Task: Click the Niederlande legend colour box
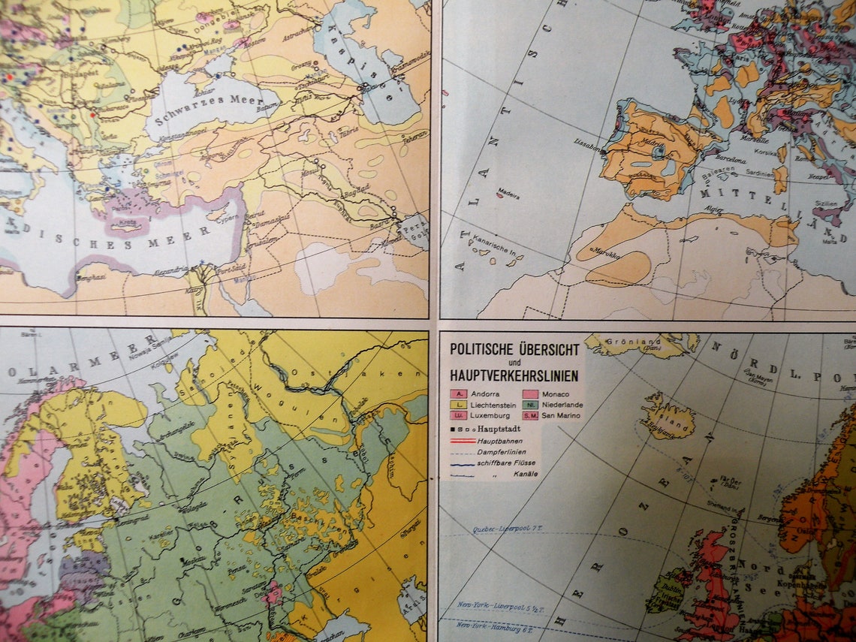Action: pos(530,405)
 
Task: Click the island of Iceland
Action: pos(666,421)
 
